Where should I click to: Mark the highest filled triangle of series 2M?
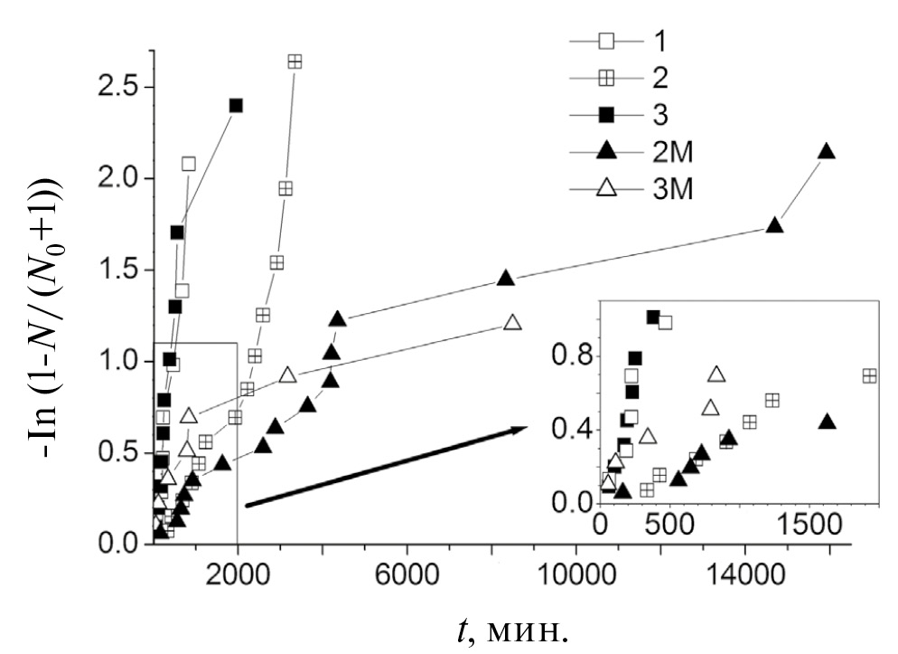(826, 151)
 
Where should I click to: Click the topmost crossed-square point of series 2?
(295, 62)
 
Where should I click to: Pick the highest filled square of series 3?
(237, 105)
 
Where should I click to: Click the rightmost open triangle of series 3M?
(512, 322)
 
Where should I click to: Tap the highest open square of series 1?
(189, 164)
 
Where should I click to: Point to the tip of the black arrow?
(528, 429)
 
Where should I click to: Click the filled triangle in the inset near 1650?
(827, 421)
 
